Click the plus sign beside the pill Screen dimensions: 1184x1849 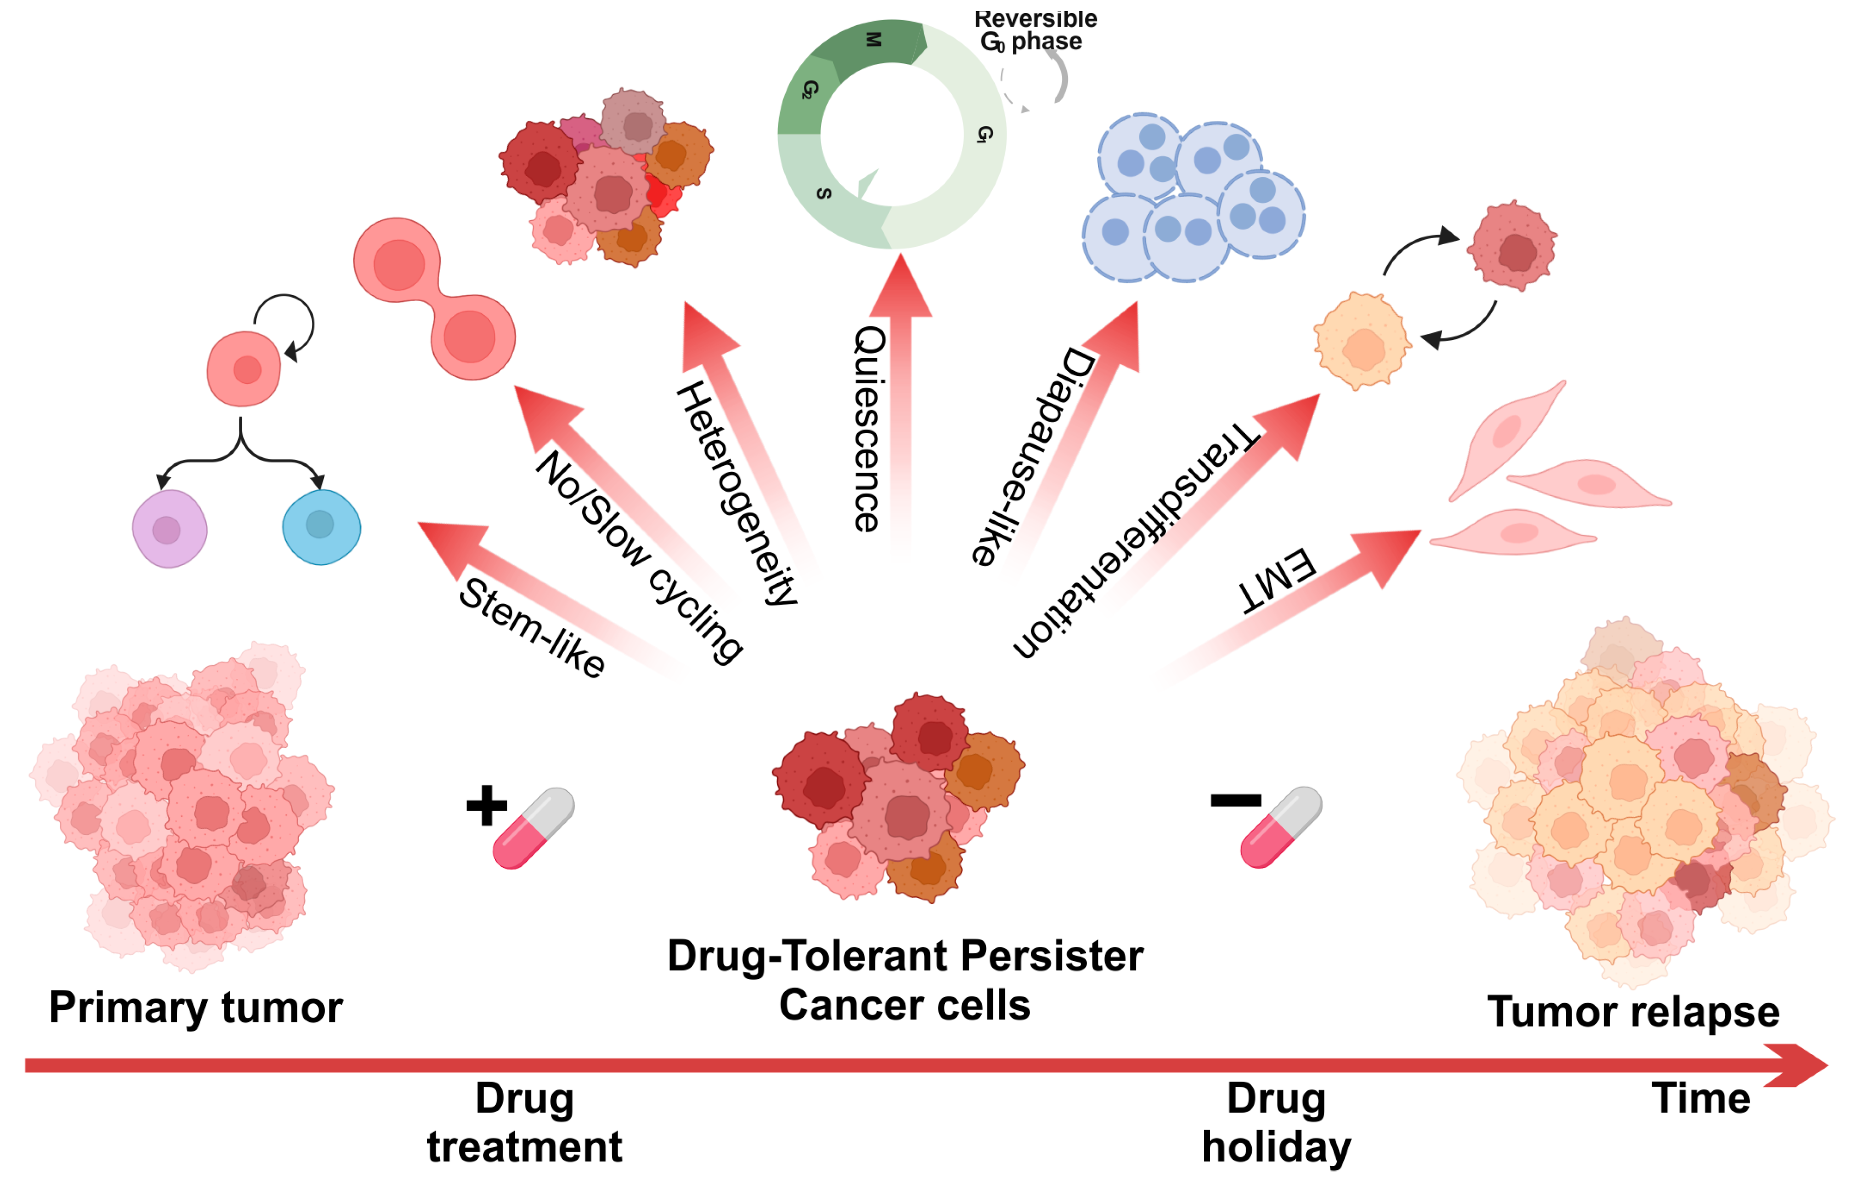(487, 805)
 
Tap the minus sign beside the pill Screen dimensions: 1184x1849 (1235, 800)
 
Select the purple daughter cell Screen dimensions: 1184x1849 (169, 529)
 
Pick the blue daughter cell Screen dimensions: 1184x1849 (321, 527)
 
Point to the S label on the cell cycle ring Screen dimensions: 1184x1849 (824, 193)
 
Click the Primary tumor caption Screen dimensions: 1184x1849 (195, 1007)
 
